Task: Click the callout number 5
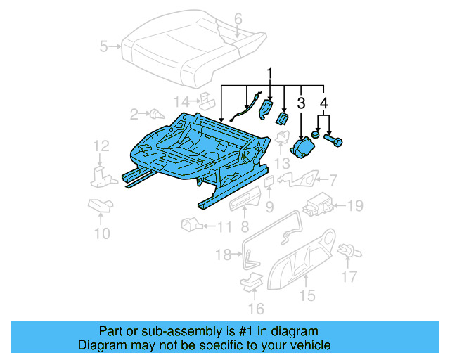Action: (x=104, y=47)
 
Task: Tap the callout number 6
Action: (x=237, y=18)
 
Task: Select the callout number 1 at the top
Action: (x=268, y=74)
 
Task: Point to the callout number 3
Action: (x=302, y=104)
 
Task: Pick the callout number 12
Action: (x=102, y=146)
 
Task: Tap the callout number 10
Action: (x=103, y=233)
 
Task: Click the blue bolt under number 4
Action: (x=334, y=141)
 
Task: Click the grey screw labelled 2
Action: (x=153, y=112)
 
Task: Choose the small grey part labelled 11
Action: (x=190, y=225)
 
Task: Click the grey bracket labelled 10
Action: (x=100, y=206)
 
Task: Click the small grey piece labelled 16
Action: (x=251, y=283)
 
